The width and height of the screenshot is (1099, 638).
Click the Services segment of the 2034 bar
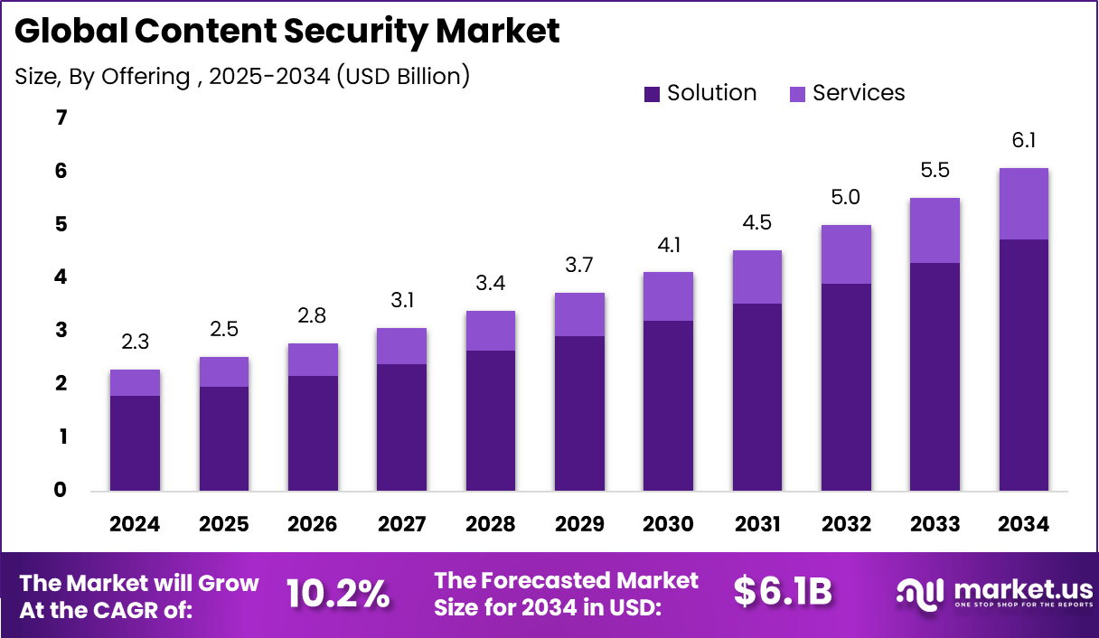(x=1023, y=203)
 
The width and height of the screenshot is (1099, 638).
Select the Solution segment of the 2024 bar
(x=135, y=443)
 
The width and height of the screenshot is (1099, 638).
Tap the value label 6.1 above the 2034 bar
(x=1023, y=140)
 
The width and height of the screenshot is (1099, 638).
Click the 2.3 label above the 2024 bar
(x=135, y=342)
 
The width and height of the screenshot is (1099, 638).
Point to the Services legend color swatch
(x=797, y=94)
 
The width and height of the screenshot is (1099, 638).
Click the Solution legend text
(x=711, y=93)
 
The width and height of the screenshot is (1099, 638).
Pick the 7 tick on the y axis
(x=61, y=117)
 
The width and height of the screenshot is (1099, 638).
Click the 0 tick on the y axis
(x=61, y=490)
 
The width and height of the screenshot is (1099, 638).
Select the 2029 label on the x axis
(x=579, y=524)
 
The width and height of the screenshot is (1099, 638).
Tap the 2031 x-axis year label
(x=756, y=524)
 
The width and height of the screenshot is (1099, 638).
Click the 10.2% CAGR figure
(x=338, y=593)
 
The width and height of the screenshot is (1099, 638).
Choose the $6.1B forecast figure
(x=782, y=591)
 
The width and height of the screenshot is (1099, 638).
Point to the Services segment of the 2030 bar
(x=668, y=296)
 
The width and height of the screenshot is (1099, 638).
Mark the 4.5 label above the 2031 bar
(x=756, y=222)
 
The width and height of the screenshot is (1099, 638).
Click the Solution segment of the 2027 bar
(x=401, y=427)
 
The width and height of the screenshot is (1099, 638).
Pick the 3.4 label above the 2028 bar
(x=490, y=284)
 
